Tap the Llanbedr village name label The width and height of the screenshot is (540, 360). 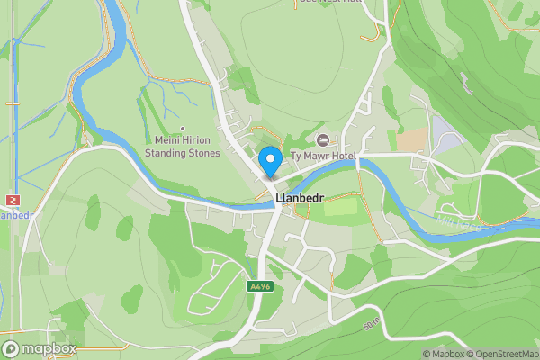pyautogui.click(x=301, y=197)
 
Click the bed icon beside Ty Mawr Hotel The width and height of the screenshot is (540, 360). pyautogui.click(x=323, y=139)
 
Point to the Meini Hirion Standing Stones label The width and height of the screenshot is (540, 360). pyautogui.click(x=183, y=147)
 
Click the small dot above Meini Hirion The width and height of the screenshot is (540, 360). pyautogui.click(x=183, y=129)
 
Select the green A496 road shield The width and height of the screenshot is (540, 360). pyautogui.click(x=259, y=285)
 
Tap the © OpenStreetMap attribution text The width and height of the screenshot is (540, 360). pyautogui.click(x=501, y=354)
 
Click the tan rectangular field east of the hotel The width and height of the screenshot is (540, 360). pyautogui.click(x=414, y=139)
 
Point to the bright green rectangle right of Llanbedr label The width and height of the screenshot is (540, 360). pyautogui.click(x=340, y=207)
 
